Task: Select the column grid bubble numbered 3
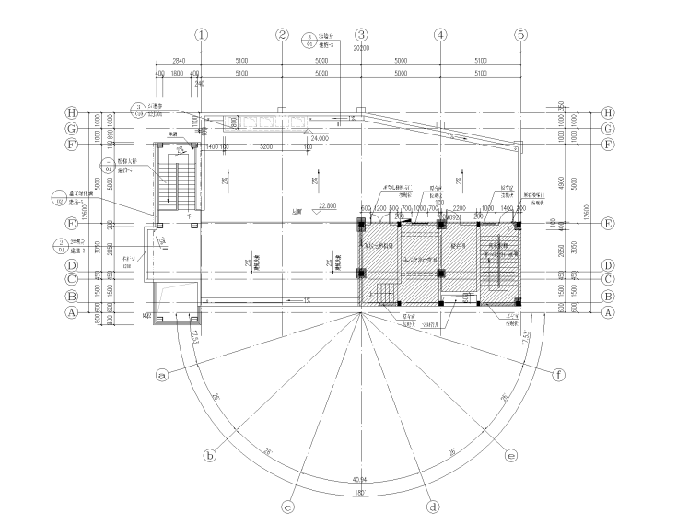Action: pyautogui.click(x=361, y=34)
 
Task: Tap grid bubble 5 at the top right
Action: pyautogui.click(x=520, y=34)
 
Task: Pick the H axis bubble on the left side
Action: pyautogui.click(x=70, y=113)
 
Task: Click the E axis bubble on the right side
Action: pyautogui.click(x=607, y=223)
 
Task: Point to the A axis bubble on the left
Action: pyautogui.click(x=70, y=312)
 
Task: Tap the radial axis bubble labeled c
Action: pyautogui.click(x=287, y=506)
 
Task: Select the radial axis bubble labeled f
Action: pyautogui.click(x=559, y=375)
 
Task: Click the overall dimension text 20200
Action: pyautogui.click(x=361, y=48)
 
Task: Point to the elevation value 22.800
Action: pyautogui.click(x=328, y=204)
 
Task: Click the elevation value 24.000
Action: pyautogui.click(x=320, y=138)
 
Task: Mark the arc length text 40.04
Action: pyautogui.click(x=360, y=480)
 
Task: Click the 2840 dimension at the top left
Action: pyautogui.click(x=179, y=61)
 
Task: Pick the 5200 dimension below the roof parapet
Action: pyautogui.click(x=265, y=146)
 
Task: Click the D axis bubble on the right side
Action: pyautogui.click(x=607, y=264)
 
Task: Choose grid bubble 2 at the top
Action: pyautogui.click(x=282, y=34)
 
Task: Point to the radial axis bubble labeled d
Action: pyautogui.click(x=432, y=506)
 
